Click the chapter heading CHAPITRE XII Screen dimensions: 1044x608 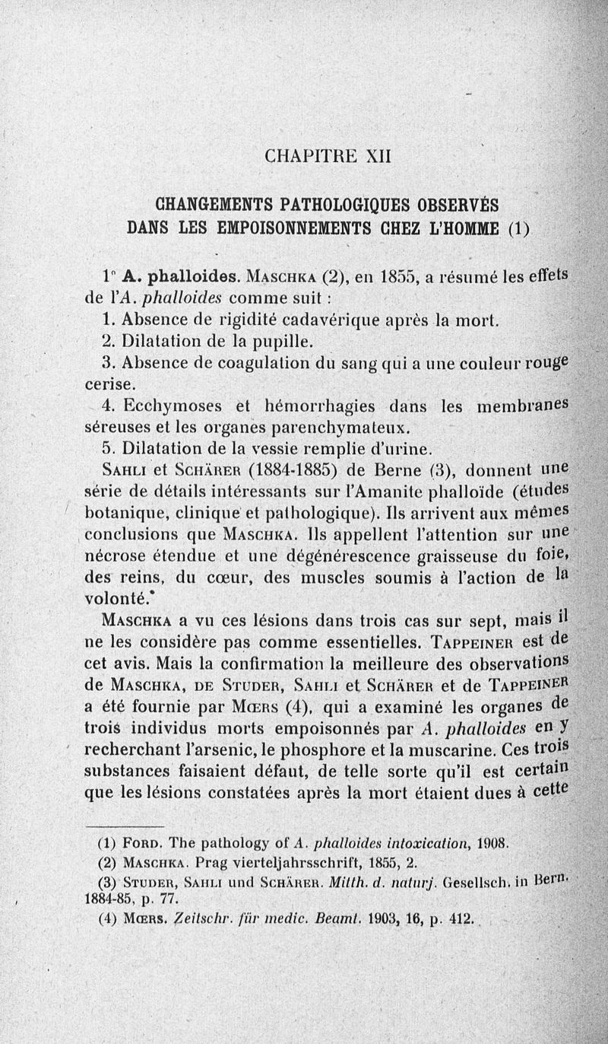[x=327, y=156]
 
